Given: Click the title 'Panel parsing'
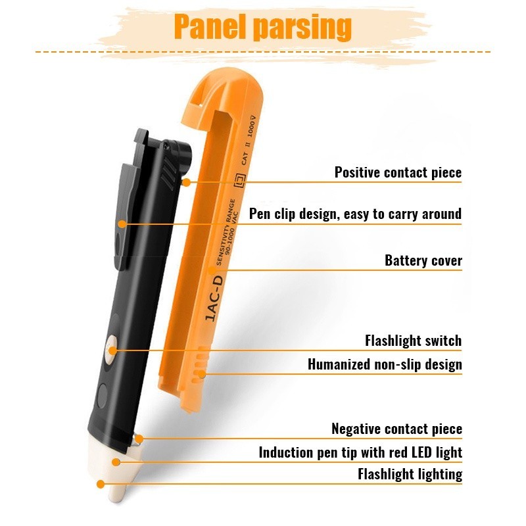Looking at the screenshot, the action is [262, 27].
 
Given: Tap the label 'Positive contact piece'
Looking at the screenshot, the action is [398, 173].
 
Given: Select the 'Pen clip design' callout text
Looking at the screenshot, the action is [355, 214].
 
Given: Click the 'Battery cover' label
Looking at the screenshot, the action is [423, 260].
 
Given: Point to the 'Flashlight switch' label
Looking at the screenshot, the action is [414, 341].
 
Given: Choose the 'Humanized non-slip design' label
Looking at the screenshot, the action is [385, 364].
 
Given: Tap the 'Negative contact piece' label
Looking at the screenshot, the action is [397, 429].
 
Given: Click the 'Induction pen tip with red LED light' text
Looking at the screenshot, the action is [360, 452].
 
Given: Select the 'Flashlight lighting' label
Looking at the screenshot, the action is [410, 475].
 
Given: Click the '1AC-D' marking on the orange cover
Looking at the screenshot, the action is [214, 299].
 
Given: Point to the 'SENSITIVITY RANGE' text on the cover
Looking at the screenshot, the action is [226, 232].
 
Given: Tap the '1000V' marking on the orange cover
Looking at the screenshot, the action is [251, 126].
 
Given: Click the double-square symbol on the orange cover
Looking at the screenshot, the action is [239, 181].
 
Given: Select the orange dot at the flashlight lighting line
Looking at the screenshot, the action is [101, 484].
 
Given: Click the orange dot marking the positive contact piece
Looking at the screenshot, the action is [186, 183].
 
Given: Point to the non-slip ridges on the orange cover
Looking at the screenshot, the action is [200, 364].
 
